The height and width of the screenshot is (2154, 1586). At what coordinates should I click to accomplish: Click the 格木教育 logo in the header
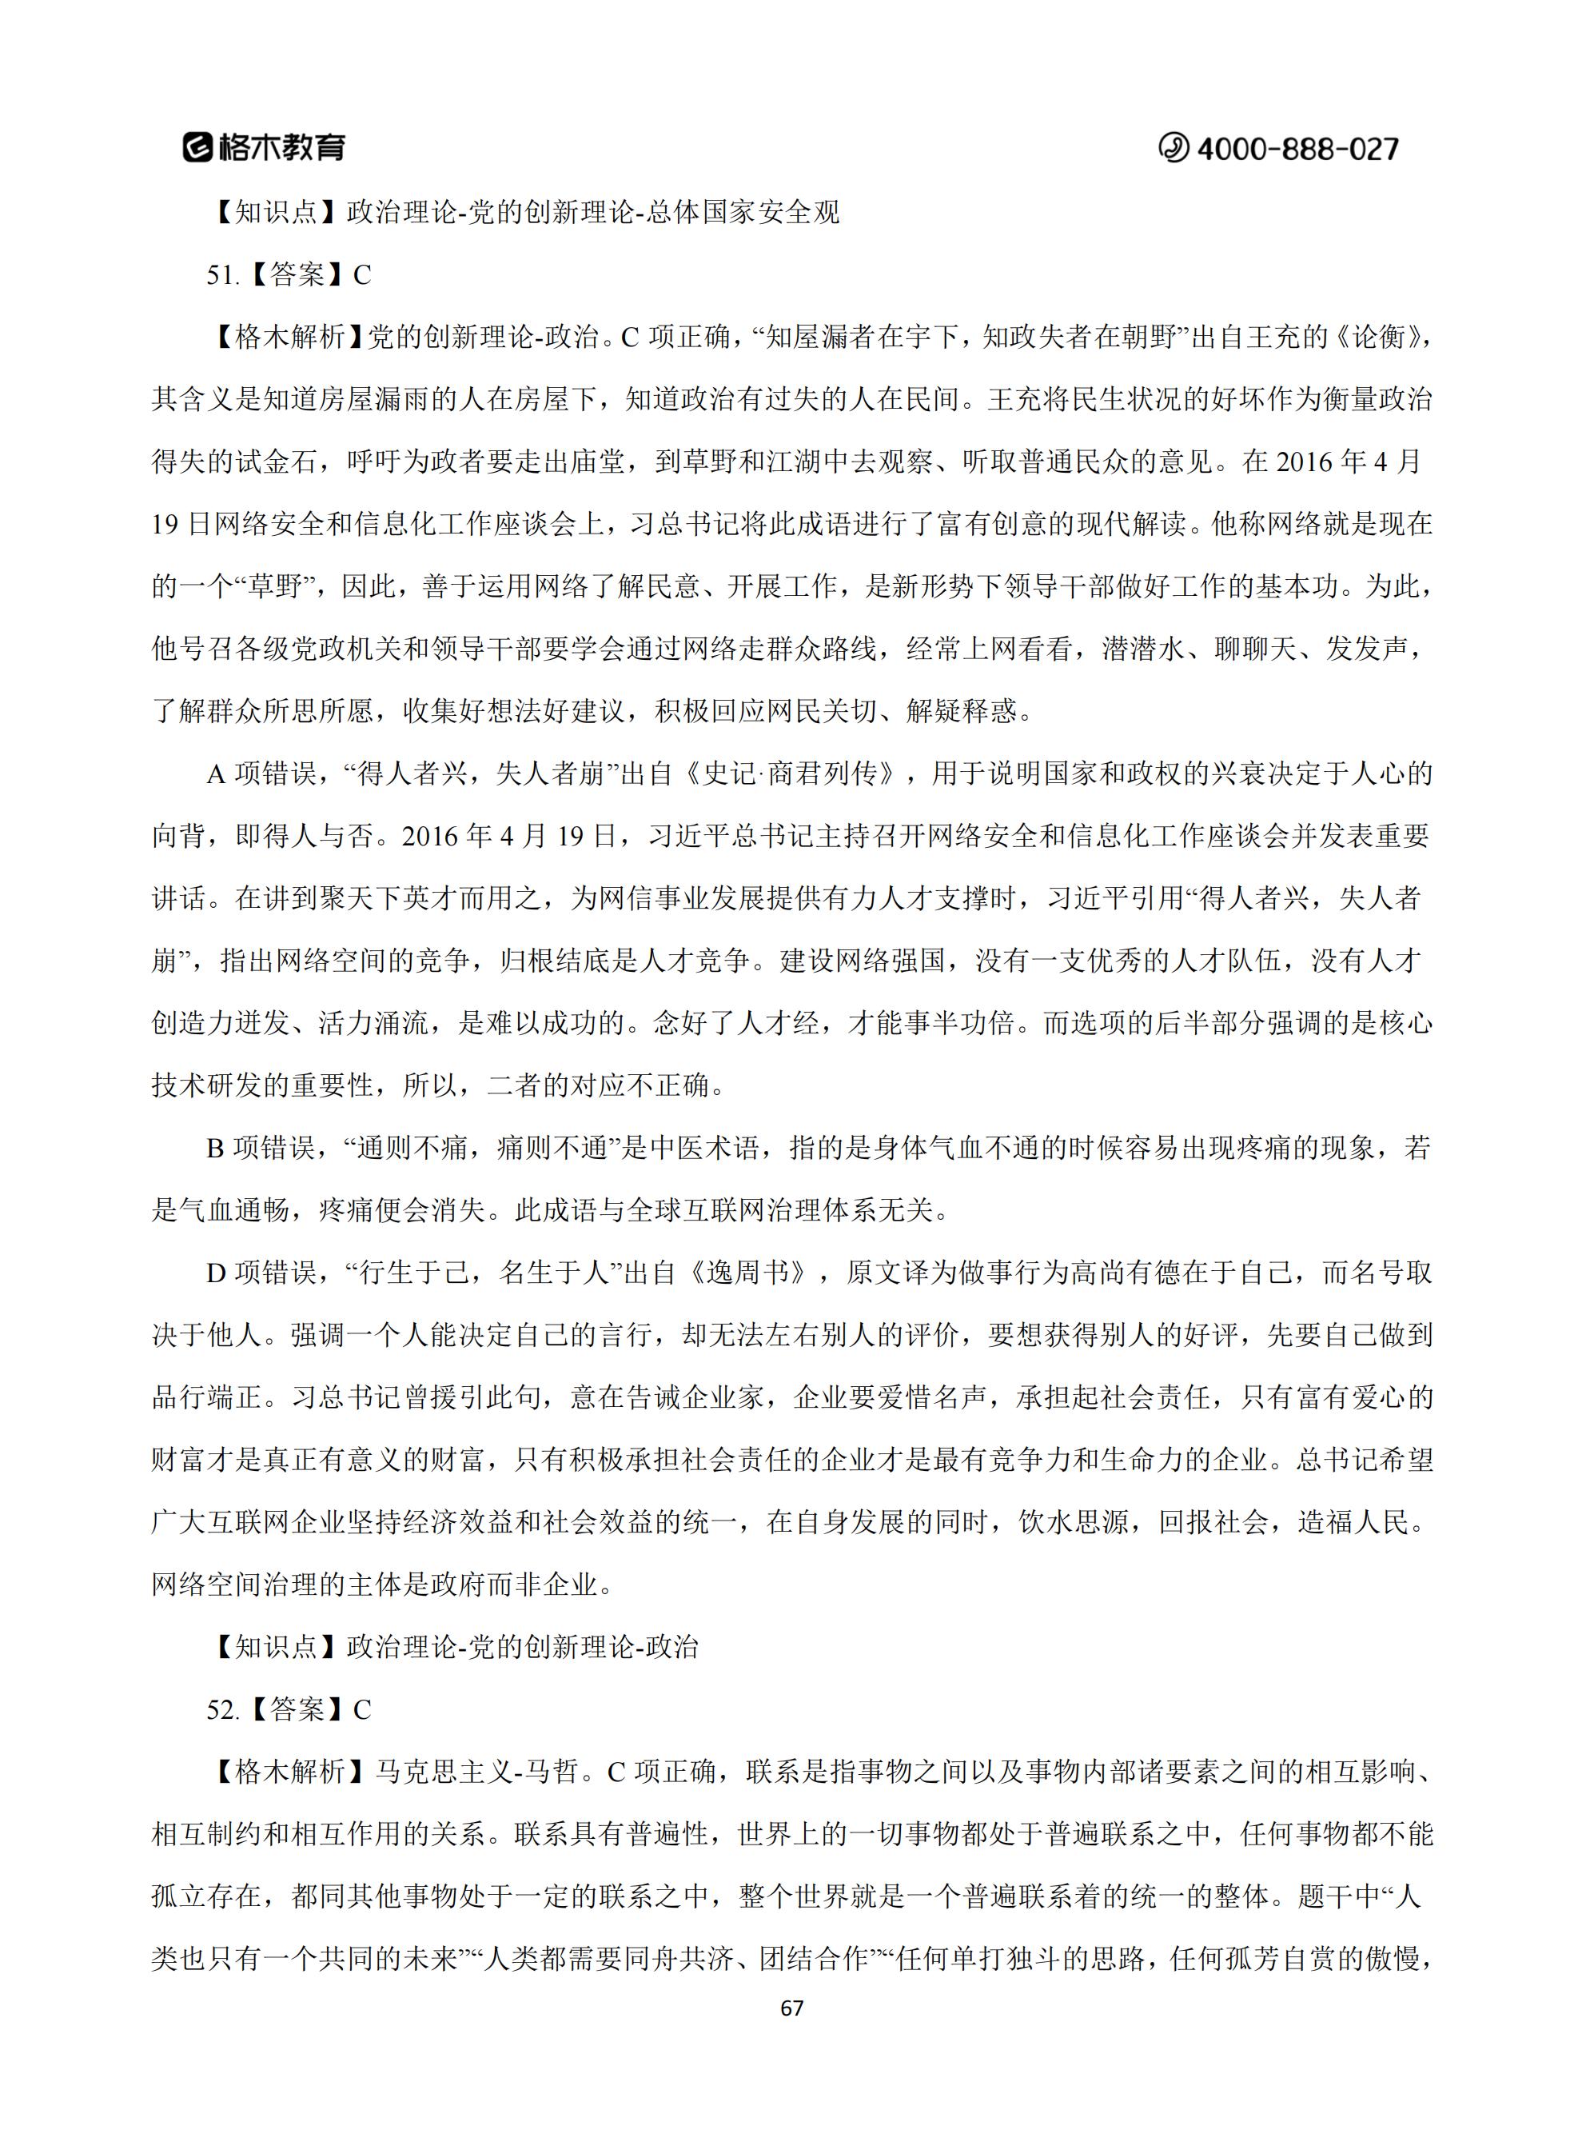click(x=264, y=147)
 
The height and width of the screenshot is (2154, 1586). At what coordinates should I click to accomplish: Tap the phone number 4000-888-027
click(x=1297, y=149)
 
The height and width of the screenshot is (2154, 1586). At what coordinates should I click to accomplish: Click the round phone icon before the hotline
click(x=1172, y=148)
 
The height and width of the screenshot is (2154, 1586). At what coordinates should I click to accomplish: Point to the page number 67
click(x=792, y=2008)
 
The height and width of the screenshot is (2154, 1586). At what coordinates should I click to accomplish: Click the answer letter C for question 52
click(x=362, y=1710)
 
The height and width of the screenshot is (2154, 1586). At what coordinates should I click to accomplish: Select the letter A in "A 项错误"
click(x=215, y=774)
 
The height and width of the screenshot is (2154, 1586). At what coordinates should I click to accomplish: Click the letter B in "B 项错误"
click(x=215, y=1149)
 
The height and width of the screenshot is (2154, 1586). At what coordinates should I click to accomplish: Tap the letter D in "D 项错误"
click(x=215, y=1273)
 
